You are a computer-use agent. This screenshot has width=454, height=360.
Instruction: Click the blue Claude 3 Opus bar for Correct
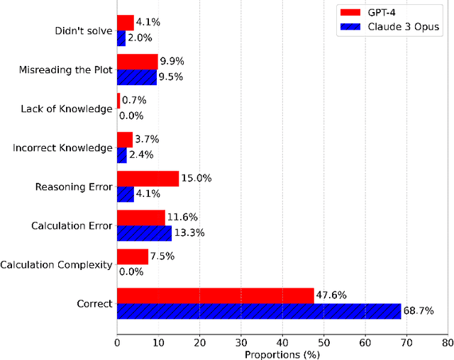258,311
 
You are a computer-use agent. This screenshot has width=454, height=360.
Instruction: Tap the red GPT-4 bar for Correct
215,296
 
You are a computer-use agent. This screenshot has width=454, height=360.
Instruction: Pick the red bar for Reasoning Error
148,179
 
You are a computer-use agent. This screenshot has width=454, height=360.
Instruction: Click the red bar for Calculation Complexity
132,257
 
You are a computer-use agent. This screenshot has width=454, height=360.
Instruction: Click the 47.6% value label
331,295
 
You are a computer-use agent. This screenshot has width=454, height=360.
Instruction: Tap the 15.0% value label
196,179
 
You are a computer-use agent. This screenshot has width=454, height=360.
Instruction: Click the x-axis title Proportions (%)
281,353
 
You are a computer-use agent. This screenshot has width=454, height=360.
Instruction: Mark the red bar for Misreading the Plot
137,62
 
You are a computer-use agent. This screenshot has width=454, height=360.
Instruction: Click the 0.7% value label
135,101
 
